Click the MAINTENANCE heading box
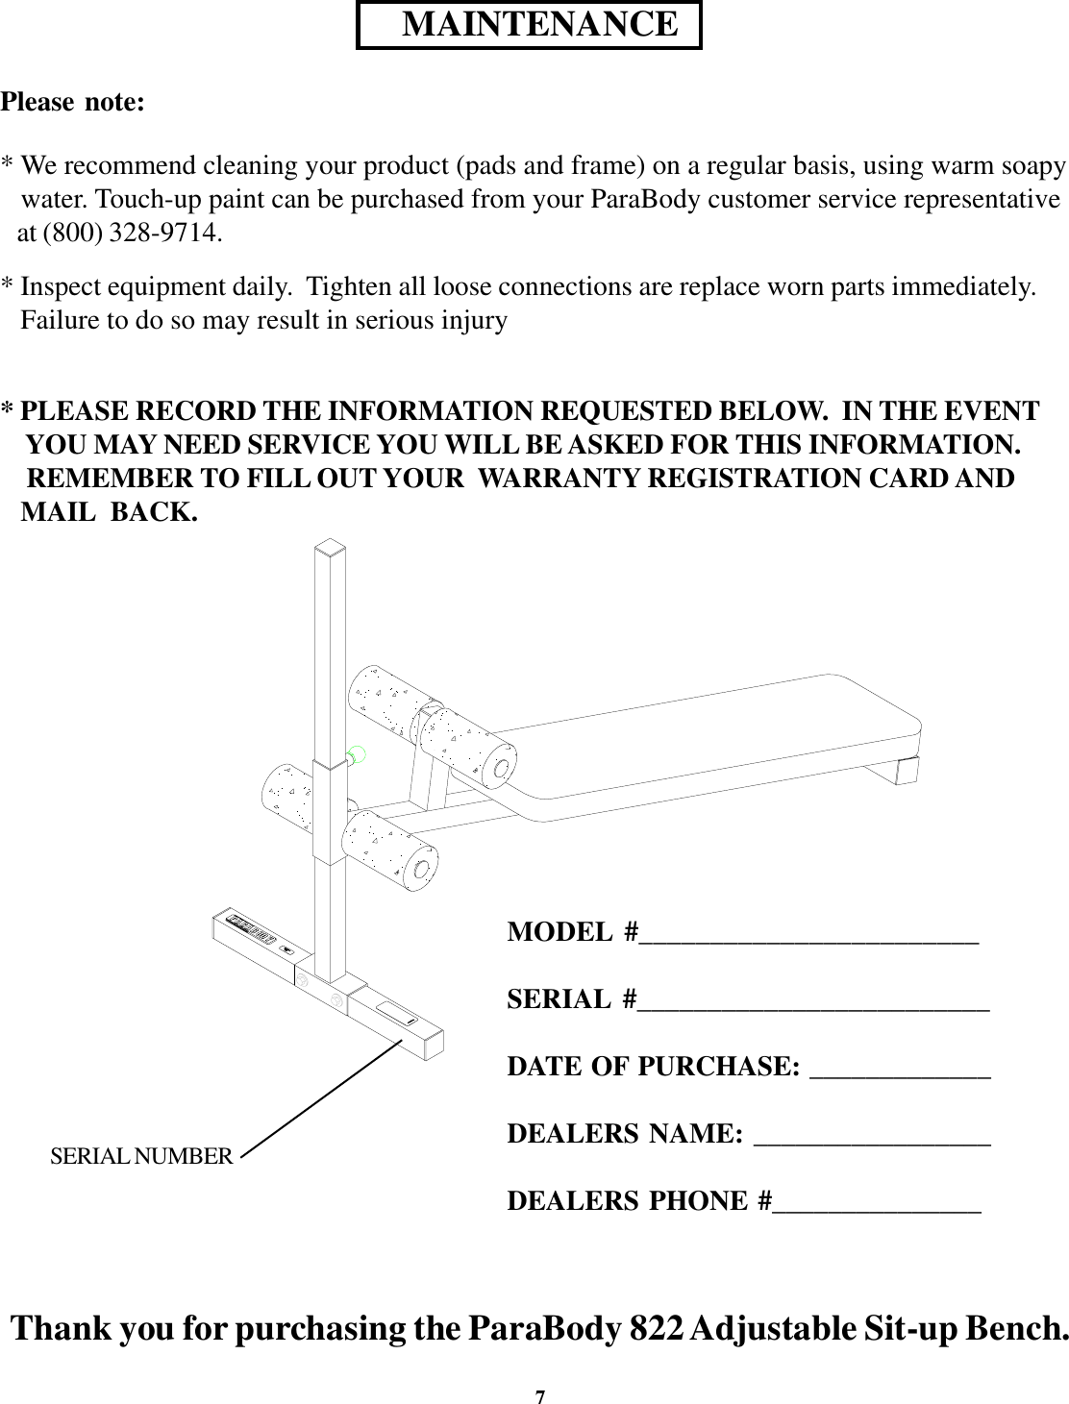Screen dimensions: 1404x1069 (529, 25)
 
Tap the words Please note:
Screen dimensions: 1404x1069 (74, 102)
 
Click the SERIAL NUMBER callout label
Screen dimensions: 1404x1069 (140, 1156)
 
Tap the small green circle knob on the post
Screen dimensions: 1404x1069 (357, 755)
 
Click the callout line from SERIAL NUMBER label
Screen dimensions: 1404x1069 (321, 1096)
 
